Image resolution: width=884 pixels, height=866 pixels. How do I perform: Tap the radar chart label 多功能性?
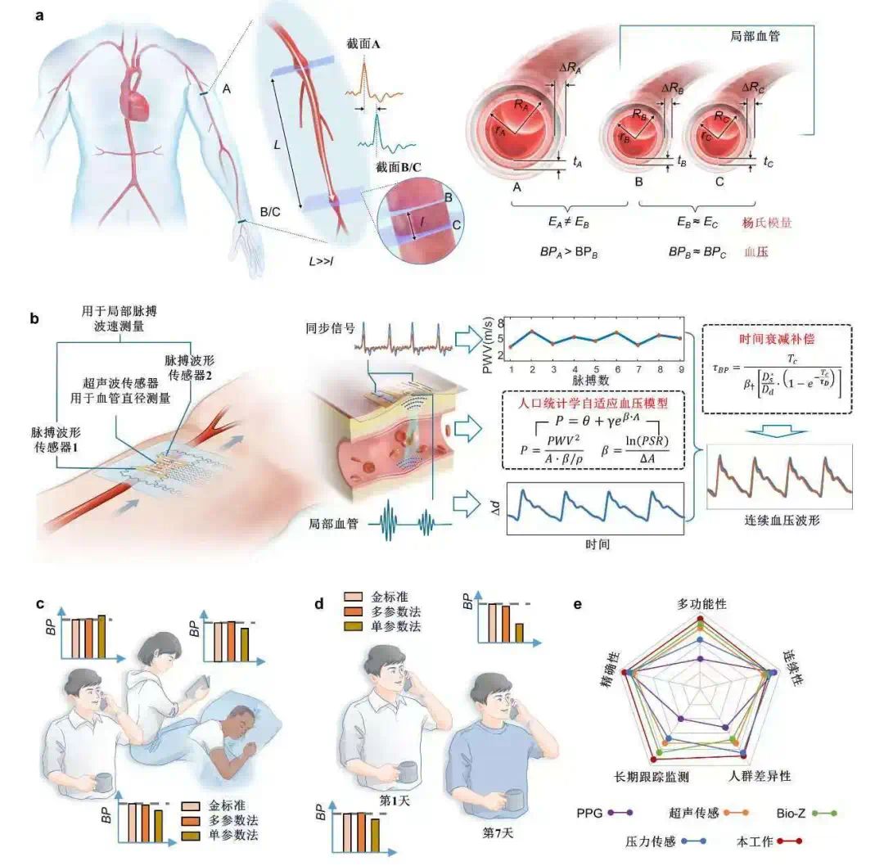(x=702, y=603)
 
